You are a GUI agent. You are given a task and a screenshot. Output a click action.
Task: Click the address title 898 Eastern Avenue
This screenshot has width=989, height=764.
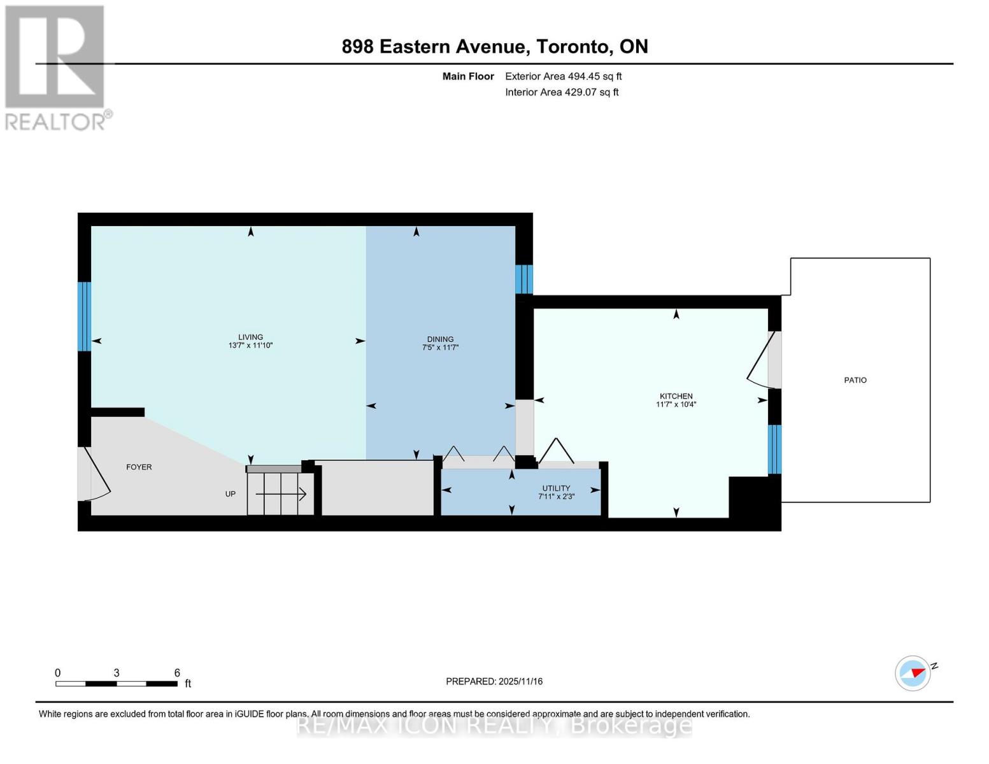pyautogui.click(x=494, y=46)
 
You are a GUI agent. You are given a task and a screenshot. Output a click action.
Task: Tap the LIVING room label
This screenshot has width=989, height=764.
pyautogui.click(x=250, y=337)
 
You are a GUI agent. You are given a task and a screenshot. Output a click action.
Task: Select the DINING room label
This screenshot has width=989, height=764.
pyautogui.click(x=440, y=339)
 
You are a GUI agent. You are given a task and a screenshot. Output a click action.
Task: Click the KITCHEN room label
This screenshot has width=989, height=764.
pyautogui.click(x=676, y=396)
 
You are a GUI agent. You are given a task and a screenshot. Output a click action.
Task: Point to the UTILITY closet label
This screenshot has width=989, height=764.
pyautogui.click(x=556, y=488)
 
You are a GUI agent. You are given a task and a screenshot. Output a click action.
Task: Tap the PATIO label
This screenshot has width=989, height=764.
pyautogui.click(x=855, y=380)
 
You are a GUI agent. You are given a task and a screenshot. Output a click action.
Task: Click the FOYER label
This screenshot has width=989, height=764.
pyautogui.click(x=139, y=467)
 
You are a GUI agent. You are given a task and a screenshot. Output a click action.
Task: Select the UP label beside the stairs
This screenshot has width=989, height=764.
pyautogui.click(x=231, y=493)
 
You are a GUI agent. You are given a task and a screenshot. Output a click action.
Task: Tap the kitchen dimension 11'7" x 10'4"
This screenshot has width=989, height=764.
pyautogui.click(x=676, y=404)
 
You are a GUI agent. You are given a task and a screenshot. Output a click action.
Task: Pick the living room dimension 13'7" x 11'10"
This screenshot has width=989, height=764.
pyautogui.click(x=250, y=346)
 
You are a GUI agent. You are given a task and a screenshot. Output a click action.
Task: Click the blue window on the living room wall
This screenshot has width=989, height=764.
pyautogui.click(x=85, y=316)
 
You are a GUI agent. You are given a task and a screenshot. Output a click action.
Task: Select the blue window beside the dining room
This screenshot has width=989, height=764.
pyautogui.click(x=523, y=279)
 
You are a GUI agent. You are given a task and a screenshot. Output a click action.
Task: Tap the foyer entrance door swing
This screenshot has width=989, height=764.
pyautogui.click(x=94, y=474)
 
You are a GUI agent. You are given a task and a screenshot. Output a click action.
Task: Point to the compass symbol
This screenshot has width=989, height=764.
pyautogui.click(x=913, y=672)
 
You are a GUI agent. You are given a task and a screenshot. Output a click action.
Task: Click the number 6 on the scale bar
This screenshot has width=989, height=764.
pyautogui.click(x=177, y=673)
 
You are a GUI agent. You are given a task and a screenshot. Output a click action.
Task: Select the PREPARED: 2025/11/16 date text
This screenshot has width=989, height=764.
pyautogui.click(x=494, y=681)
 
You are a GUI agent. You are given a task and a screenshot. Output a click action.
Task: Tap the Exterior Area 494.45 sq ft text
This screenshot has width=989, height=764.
pyautogui.click(x=563, y=76)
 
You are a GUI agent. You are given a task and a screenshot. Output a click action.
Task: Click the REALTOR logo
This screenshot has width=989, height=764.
pyautogui.click(x=56, y=67)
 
